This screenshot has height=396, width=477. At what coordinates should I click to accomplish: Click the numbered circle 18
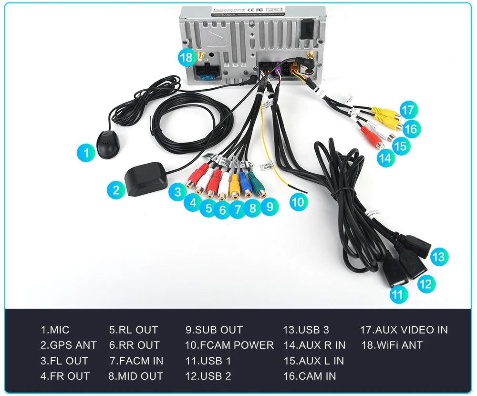point(187,58)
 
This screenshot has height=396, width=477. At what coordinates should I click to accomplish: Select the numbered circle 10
point(298,202)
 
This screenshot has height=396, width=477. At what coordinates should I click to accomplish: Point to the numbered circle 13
point(438,257)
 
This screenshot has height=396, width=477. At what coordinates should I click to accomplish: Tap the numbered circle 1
point(86,153)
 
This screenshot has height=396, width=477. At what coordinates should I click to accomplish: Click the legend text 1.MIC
point(55,330)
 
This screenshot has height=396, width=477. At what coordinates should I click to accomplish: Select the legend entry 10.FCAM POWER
point(229,345)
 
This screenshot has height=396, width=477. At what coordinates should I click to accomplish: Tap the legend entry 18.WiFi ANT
point(392,345)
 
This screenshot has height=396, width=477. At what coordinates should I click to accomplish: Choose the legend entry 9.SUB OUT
point(214,330)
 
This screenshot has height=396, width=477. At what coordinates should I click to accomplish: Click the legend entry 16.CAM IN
point(310,376)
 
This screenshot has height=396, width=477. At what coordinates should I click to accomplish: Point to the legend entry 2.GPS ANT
point(68,345)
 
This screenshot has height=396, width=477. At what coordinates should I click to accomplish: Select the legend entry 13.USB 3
point(306,330)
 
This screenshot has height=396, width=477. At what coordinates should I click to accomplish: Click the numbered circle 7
point(237,209)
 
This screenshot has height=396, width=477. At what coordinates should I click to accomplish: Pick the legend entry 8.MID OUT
point(135,376)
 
